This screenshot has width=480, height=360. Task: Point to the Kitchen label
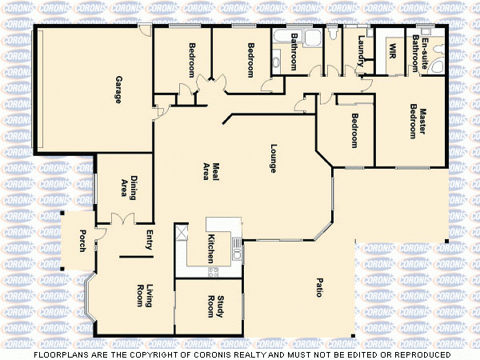coord(211,249)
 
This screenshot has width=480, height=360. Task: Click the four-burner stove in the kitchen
coord(214,273)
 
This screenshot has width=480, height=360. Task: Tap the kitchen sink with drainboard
coord(237,248)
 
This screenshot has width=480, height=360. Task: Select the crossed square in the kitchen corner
coord(182,234)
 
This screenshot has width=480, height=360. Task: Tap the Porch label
coord(82,240)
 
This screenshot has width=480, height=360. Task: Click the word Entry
coord(149,241)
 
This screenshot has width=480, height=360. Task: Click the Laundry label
coord(362,50)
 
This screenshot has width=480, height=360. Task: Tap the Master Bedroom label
coord(418,123)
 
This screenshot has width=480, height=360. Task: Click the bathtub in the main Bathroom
coord(282,37)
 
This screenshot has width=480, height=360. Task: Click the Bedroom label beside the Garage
coord(193,59)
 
